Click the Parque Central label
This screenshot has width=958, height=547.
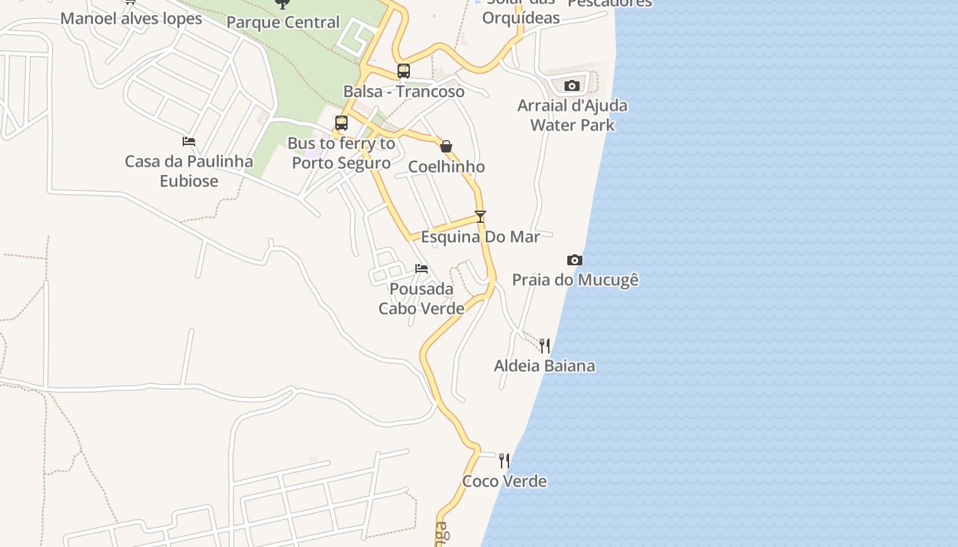283,23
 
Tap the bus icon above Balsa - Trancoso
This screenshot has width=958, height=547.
404,71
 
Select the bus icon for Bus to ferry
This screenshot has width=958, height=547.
341,123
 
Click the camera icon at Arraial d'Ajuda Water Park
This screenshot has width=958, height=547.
571,85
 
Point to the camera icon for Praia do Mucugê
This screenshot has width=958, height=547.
575,260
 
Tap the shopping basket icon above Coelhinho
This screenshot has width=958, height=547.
446,146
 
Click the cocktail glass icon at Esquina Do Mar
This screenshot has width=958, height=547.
480,217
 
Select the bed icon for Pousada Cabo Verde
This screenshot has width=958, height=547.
422,268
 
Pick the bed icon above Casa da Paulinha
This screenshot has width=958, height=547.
189,142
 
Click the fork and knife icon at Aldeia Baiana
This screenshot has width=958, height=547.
545,345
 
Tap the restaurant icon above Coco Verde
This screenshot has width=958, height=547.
504,460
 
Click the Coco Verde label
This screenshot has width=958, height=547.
504,481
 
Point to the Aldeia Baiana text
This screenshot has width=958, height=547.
545,366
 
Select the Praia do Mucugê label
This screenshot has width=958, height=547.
575,280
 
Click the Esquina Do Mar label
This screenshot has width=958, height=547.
480,237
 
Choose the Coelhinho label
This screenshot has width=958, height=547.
446,167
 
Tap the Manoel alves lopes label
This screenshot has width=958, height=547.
131,18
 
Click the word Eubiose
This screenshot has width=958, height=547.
189,181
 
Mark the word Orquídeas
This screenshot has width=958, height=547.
521,18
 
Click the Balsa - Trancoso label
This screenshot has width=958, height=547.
404,92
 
